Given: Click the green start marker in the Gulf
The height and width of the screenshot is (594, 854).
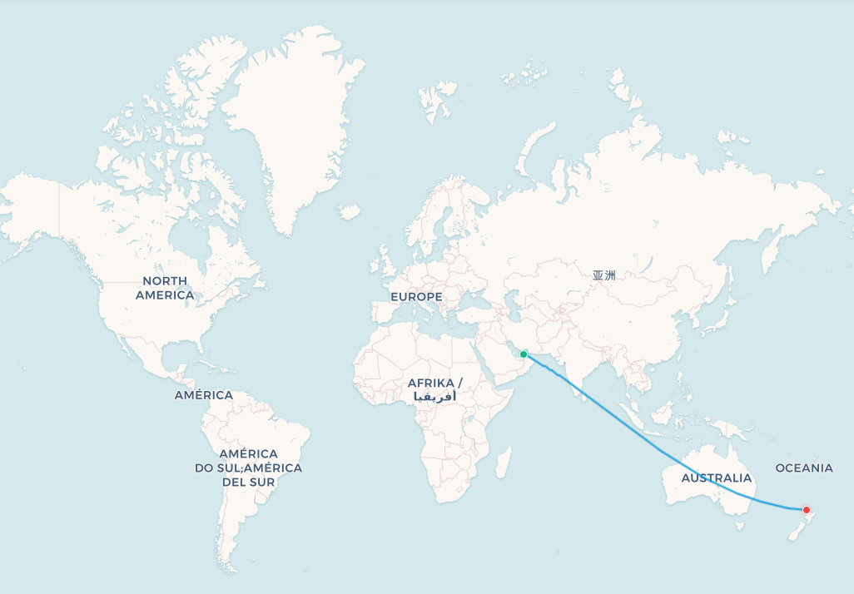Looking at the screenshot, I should click(x=524, y=354).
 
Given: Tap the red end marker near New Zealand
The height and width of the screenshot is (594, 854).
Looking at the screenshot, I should click(x=806, y=509).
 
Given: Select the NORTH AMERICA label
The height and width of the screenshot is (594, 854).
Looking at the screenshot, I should click(x=165, y=288).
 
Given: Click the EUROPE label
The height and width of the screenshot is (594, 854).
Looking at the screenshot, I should click(x=416, y=297).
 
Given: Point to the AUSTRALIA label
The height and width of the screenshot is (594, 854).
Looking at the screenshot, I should click(x=716, y=478).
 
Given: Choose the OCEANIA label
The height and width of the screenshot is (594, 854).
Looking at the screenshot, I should click(x=804, y=468).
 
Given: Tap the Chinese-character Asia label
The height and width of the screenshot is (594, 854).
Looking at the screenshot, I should click(x=604, y=275).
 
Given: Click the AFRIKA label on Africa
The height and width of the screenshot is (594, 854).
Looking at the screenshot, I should click(x=434, y=383).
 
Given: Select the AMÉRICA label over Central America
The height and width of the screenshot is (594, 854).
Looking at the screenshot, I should click(x=204, y=395).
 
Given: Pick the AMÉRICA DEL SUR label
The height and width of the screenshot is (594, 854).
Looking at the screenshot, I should click(x=249, y=468).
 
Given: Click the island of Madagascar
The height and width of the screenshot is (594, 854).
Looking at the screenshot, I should click(x=503, y=462).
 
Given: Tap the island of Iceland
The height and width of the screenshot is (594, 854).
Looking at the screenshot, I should click(x=350, y=213).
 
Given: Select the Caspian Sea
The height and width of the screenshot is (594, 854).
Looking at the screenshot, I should click(x=512, y=306).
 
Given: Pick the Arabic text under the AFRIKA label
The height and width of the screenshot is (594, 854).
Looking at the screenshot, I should click(x=434, y=397).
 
